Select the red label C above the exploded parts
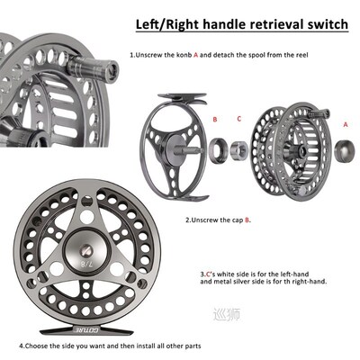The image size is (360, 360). coord(238,118)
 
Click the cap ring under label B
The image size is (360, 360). coord(219,150)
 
